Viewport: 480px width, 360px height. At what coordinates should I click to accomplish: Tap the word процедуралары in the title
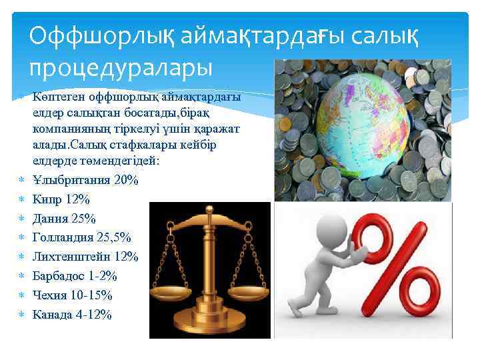[x=120, y=67]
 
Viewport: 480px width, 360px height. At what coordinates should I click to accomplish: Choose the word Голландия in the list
[x=64, y=238]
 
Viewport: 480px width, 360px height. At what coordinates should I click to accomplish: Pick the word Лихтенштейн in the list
[x=72, y=257]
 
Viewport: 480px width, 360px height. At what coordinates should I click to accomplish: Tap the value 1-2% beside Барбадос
[x=103, y=276]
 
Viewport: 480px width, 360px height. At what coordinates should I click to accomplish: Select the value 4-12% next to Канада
[x=93, y=314]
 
